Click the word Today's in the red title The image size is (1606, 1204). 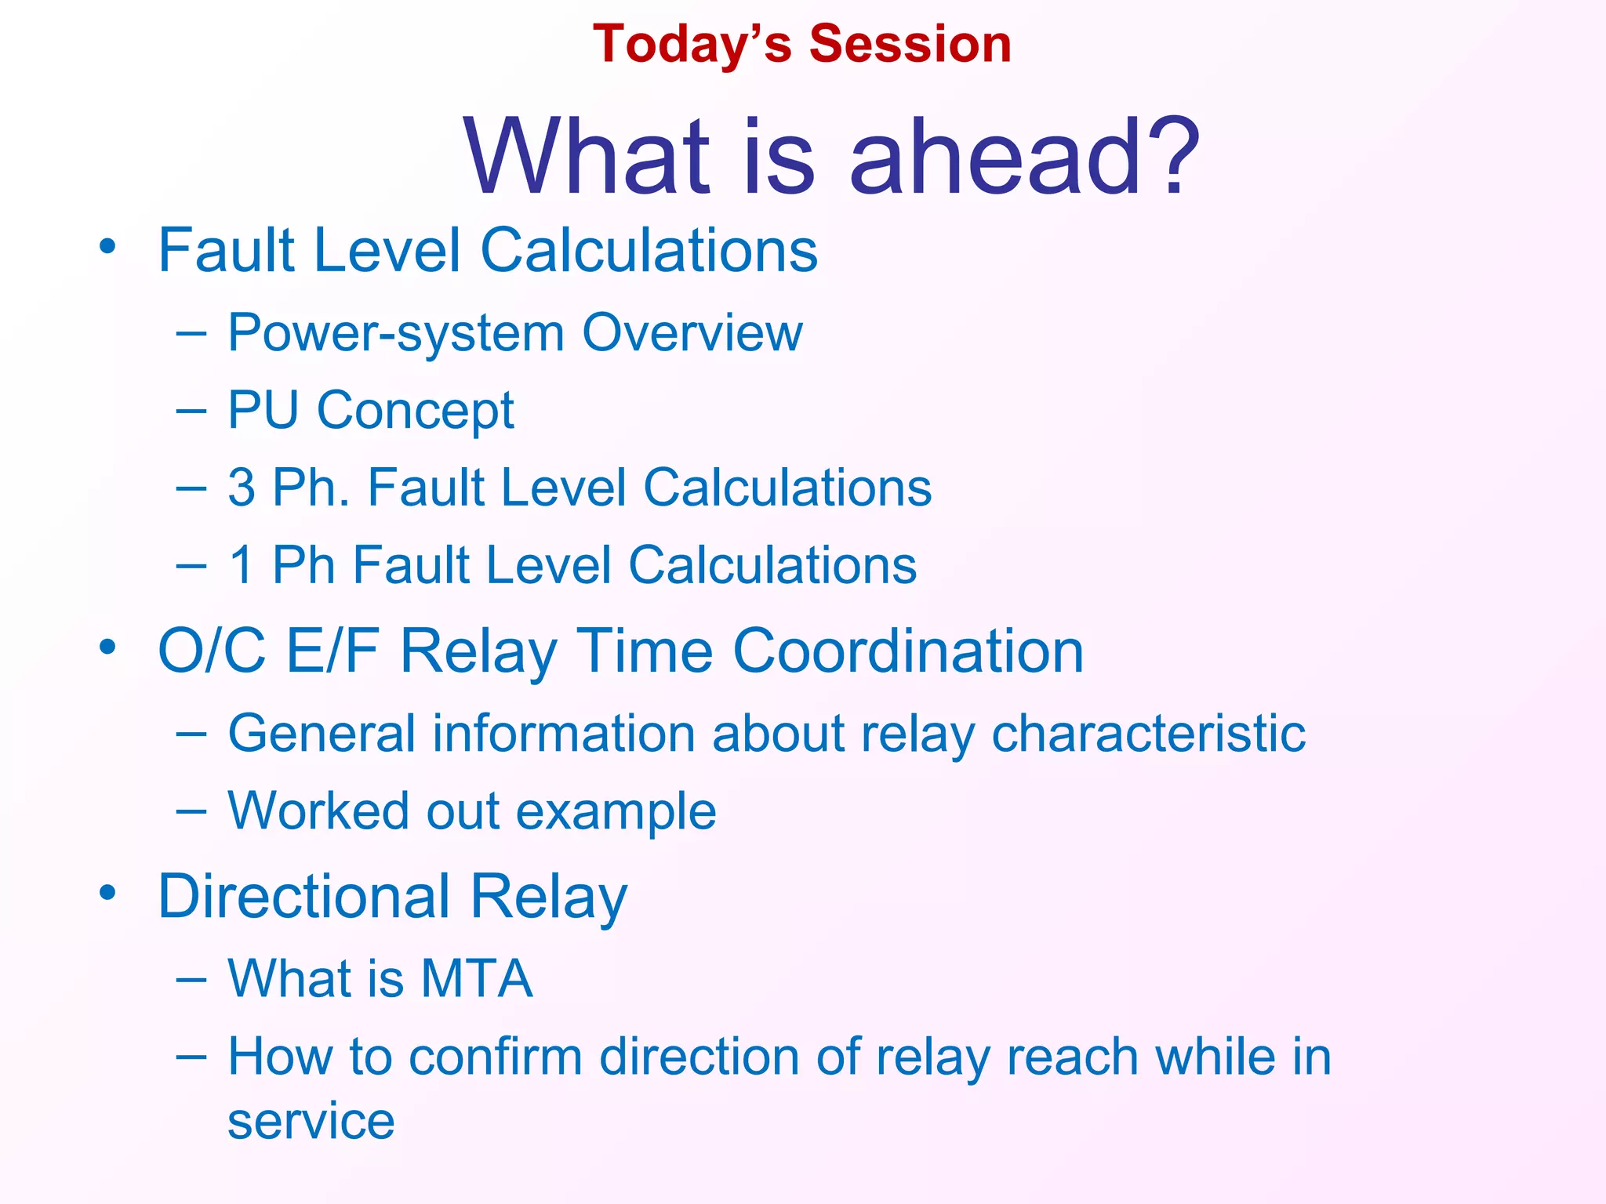coord(692,44)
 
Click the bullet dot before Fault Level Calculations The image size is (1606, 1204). coord(107,248)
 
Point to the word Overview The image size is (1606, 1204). coord(692,332)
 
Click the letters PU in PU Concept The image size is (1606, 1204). coord(263,410)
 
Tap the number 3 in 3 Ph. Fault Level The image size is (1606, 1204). coord(242,488)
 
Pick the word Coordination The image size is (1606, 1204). coord(908,651)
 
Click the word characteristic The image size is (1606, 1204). coord(1148,734)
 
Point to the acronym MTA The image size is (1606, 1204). coord(477,978)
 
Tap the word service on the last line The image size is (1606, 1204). coord(311,1121)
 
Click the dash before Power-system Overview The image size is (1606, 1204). coord(191,334)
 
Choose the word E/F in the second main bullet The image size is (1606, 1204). coord(332,651)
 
